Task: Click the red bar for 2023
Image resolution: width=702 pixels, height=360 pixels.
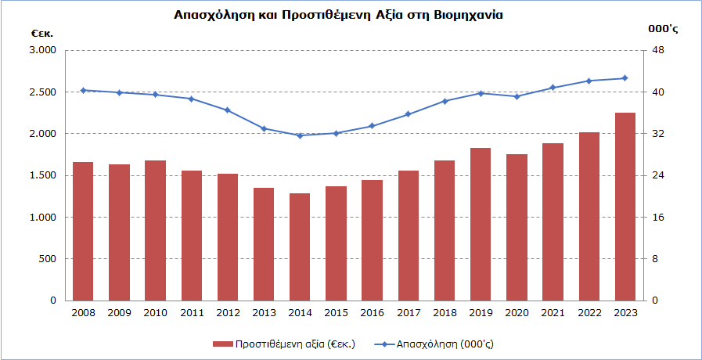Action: tap(625, 207)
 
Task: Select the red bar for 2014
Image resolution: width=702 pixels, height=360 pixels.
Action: tap(300, 247)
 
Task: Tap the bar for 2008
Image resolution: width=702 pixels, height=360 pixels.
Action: tap(83, 231)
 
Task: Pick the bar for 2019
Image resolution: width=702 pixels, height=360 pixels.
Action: tap(481, 224)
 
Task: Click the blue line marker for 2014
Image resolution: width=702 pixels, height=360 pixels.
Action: tap(300, 135)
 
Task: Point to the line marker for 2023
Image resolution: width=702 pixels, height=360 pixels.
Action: tap(625, 77)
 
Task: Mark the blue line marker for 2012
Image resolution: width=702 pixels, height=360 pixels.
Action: tap(227, 110)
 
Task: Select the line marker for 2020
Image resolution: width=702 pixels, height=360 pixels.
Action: tap(517, 96)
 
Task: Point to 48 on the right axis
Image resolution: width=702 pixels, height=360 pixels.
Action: tap(658, 51)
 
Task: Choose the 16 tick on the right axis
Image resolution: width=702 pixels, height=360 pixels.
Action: tap(658, 218)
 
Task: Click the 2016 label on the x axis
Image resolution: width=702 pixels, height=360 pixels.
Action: tap(372, 313)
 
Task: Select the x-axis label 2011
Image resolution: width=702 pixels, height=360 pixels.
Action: tap(191, 313)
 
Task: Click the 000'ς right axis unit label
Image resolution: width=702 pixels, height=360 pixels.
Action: tap(662, 29)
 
